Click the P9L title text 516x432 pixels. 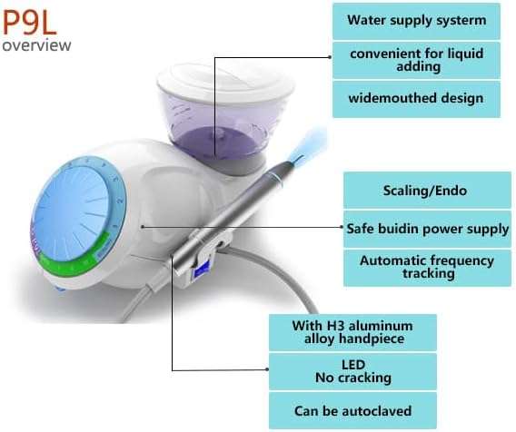click(x=29, y=23)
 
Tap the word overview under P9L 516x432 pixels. click(x=36, y=45)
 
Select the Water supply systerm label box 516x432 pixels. click(x=416, y=21)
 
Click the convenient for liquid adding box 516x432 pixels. click(x=416, y=60)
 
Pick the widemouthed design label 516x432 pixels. click(x=416, y=99)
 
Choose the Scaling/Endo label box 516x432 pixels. click(x=427, y=191)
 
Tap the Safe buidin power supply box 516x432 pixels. click(x=427, y=229)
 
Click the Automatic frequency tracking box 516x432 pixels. click(x=427, y=268)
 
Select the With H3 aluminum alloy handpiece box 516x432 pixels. click(x=352, y=332)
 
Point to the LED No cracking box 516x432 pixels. click(x=352, y=371)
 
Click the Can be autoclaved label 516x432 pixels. click(x=352, y=410)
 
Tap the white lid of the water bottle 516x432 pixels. click(x=225, y=83)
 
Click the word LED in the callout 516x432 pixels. click(x=353, y=365)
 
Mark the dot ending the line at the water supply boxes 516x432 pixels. click(x=330, y=57)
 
